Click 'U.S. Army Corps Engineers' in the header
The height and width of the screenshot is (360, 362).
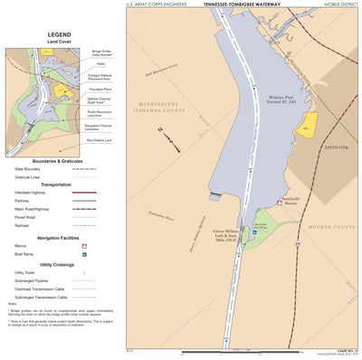point(157,5)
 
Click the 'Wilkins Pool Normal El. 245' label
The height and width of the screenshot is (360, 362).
point(282,99)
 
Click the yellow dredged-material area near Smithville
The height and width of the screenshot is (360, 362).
point(309,123)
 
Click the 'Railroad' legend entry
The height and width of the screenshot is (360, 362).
point(19,225)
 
